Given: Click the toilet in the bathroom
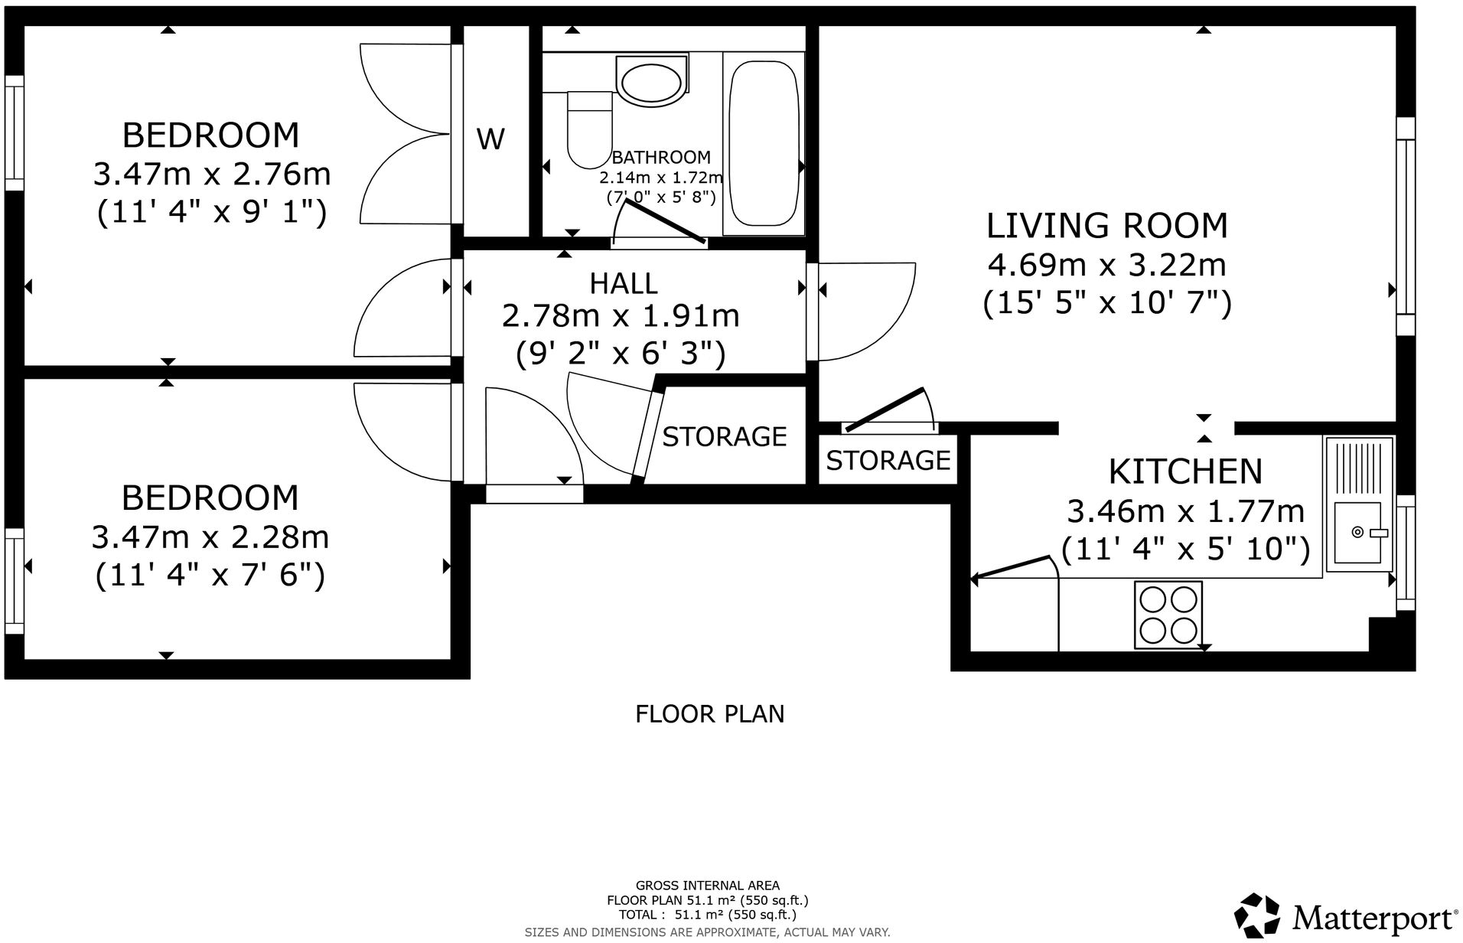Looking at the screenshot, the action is pyautogui.click(x=590, y=129).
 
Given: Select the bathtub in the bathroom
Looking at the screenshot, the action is pyautogui.click(x=764, y=143).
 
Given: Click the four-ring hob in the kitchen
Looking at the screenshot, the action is pyautogui.click(x=1168, y=613).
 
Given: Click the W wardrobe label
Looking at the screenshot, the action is pyautogui.click(x=490, y=139).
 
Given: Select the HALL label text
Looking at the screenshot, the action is pyautogui.click(x=624, y=284).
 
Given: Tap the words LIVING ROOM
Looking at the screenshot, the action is pyautogui.click(x=1107, y=226).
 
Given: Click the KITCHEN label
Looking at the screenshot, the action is pyautogui.click(x=1185, y=471).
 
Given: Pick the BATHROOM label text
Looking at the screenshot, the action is pyautogui.click(x=661, y=158).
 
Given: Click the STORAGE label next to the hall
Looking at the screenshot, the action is pyautogui.click(x=724, y=436).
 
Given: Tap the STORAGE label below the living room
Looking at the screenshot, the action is pyautogui.click(x=888, y=460).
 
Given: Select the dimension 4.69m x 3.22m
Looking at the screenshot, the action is pyautogui.click(x=1107, y=265).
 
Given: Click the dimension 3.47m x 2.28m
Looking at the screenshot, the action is pyautogui.click(x=210, y=537).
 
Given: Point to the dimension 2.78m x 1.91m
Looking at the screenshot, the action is pyautogui.click(x=621, y=315).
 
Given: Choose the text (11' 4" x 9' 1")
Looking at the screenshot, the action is pyautogui.click(x=212, y=213).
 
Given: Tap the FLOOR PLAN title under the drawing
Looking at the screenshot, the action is pyautogui.click(x=710, y=714).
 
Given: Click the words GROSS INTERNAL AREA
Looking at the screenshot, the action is pyautogui.click(x=708, y=886).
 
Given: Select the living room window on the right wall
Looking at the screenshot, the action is pyautogui.click(x=1406, y=227).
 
